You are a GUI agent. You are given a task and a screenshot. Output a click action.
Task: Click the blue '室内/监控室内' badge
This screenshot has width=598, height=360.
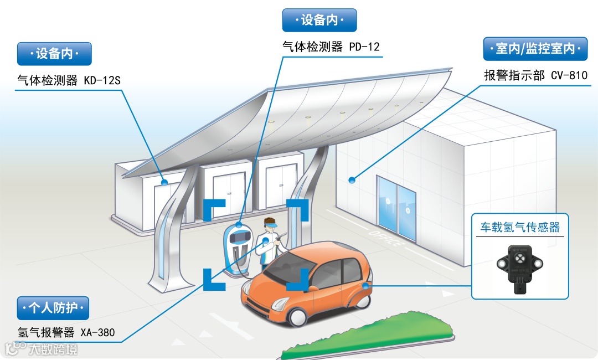coord(535,49)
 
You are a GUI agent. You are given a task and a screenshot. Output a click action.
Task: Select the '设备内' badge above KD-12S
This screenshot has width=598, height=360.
coord(54,54)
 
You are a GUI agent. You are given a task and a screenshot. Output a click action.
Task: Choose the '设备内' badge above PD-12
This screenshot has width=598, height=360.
coord(319,20)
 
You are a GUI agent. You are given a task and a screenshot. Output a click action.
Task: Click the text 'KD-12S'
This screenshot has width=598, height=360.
coord(102,81)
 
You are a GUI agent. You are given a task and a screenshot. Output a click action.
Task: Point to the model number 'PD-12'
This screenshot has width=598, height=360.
coord(364,47)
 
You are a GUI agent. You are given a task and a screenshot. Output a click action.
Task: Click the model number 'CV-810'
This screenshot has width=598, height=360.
coord(569,75)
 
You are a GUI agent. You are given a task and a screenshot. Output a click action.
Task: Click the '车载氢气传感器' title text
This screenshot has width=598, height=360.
coord(520,228)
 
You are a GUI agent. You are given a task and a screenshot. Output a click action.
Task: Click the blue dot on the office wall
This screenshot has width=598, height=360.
coord(352,179)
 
